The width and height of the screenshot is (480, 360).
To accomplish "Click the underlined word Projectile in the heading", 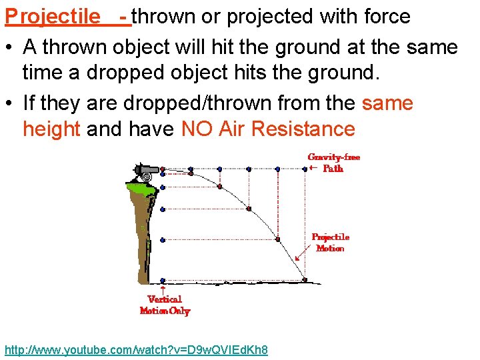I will click(52, 16).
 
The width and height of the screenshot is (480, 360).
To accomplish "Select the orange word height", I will click(51, 129).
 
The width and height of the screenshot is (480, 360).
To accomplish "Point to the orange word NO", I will click(198, 129).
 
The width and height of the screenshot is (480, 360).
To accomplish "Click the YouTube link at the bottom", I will click(136, 350).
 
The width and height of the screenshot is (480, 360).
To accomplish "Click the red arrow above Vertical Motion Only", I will click(163, 289).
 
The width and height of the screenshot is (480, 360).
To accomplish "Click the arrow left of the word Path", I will click(313, 169).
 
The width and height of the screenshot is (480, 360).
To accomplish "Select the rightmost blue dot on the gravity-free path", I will click(305, 169).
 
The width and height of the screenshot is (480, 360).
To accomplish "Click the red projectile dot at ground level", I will click(305, 279).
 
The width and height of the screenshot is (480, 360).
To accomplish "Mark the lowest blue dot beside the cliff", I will click(163, 280).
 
